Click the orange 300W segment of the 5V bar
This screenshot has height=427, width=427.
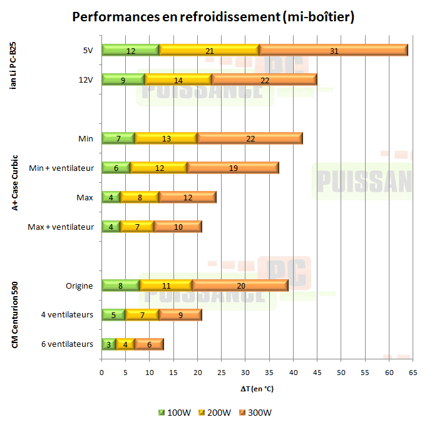pyautogui.click(x=334, y=50)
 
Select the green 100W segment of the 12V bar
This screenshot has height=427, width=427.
pyautogui.click(x=123, y=80)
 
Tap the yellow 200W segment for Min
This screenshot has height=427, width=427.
pyautogui.click(x=166, y=138)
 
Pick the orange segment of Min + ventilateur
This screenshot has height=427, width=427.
pyautogui.click(x=233, y=168)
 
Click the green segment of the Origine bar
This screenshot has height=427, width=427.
pyautogui.click(x=121, y=286)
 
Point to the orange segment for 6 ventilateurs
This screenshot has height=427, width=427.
pyautogui.click(x=149, y=344)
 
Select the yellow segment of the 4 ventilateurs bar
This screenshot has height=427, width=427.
pyautogui.click(x=142, y=315)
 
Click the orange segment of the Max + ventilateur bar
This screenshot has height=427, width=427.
pyautogui.click(x=178, y=227)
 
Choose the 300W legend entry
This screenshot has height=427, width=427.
pyautogui.click(x=257, y=413)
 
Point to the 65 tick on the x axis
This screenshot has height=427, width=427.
pyautogui.click(x=412, y=372)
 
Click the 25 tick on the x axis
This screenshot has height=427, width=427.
pyautogui.click(x=221, y=372)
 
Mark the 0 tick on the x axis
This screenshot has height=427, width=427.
pyautogui.click(x=101, y=372)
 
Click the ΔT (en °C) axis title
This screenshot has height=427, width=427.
pyautogui.click(x=257, y=389)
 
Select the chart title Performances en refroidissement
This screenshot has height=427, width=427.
pyautogui.click(x=213, y=17)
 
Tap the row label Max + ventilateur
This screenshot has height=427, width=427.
pyautogui.click(x=61, y=227)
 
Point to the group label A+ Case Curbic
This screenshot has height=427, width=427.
pyautogui.click(x=14, y=182)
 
